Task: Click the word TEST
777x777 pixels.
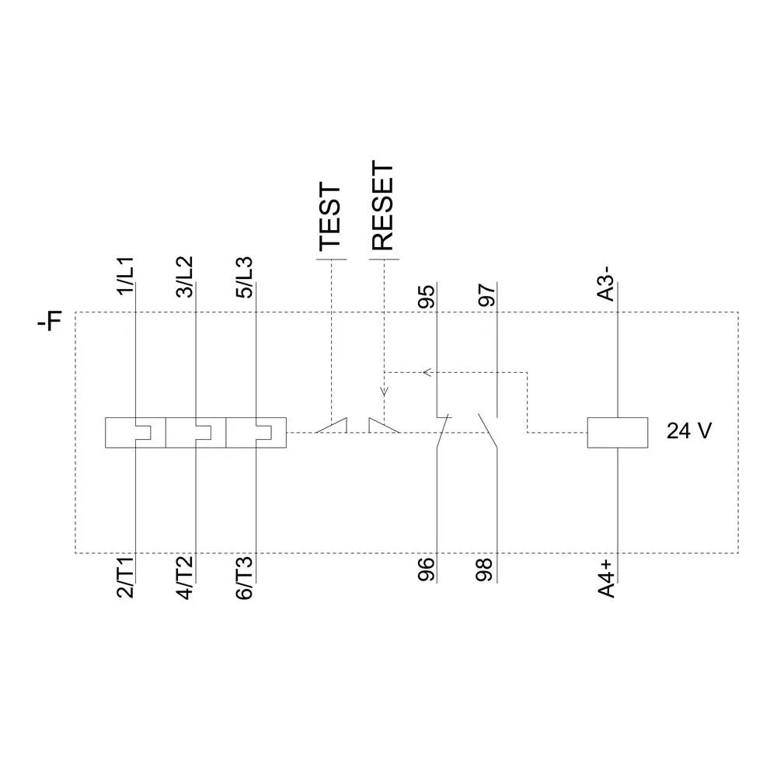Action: coord(330,218)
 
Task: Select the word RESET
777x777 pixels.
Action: coord(382,206)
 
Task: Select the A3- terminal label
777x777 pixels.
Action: coord(607,284)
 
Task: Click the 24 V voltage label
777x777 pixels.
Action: coord(688,431)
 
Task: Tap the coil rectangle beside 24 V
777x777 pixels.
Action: coord(617,433)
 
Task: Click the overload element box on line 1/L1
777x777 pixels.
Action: coord(135,433)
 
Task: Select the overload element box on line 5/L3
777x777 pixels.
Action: coord(256,433)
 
